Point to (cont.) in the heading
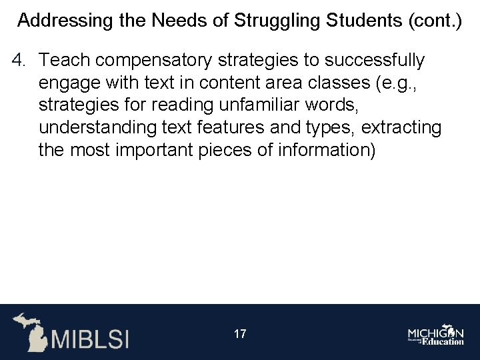pyautogui.click(x=434, y=20)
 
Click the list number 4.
pyautogui.click(x=18, y=61)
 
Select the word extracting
pyautogui.click(x=401, y=128)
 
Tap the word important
pyautogui.click(x=151, y=151)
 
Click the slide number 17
pyautogui.click(x=240, y=334)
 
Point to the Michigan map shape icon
pyautogui.click(x=30, y=331)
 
